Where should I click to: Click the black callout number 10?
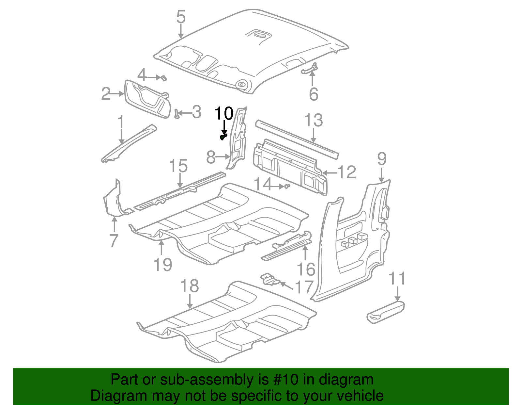(x=224, y=113)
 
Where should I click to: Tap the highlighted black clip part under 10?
(x=223, y=137)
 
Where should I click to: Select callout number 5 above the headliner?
(x=181, y=17)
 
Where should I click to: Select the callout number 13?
(x=314, y=120)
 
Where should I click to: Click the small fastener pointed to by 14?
(x=287, y=186)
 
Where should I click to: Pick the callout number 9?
(x=382, y=159)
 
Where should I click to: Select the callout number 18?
(x=190, y=286)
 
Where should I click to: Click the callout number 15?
(x=178, y=166)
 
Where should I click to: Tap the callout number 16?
(x=306, y=269)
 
